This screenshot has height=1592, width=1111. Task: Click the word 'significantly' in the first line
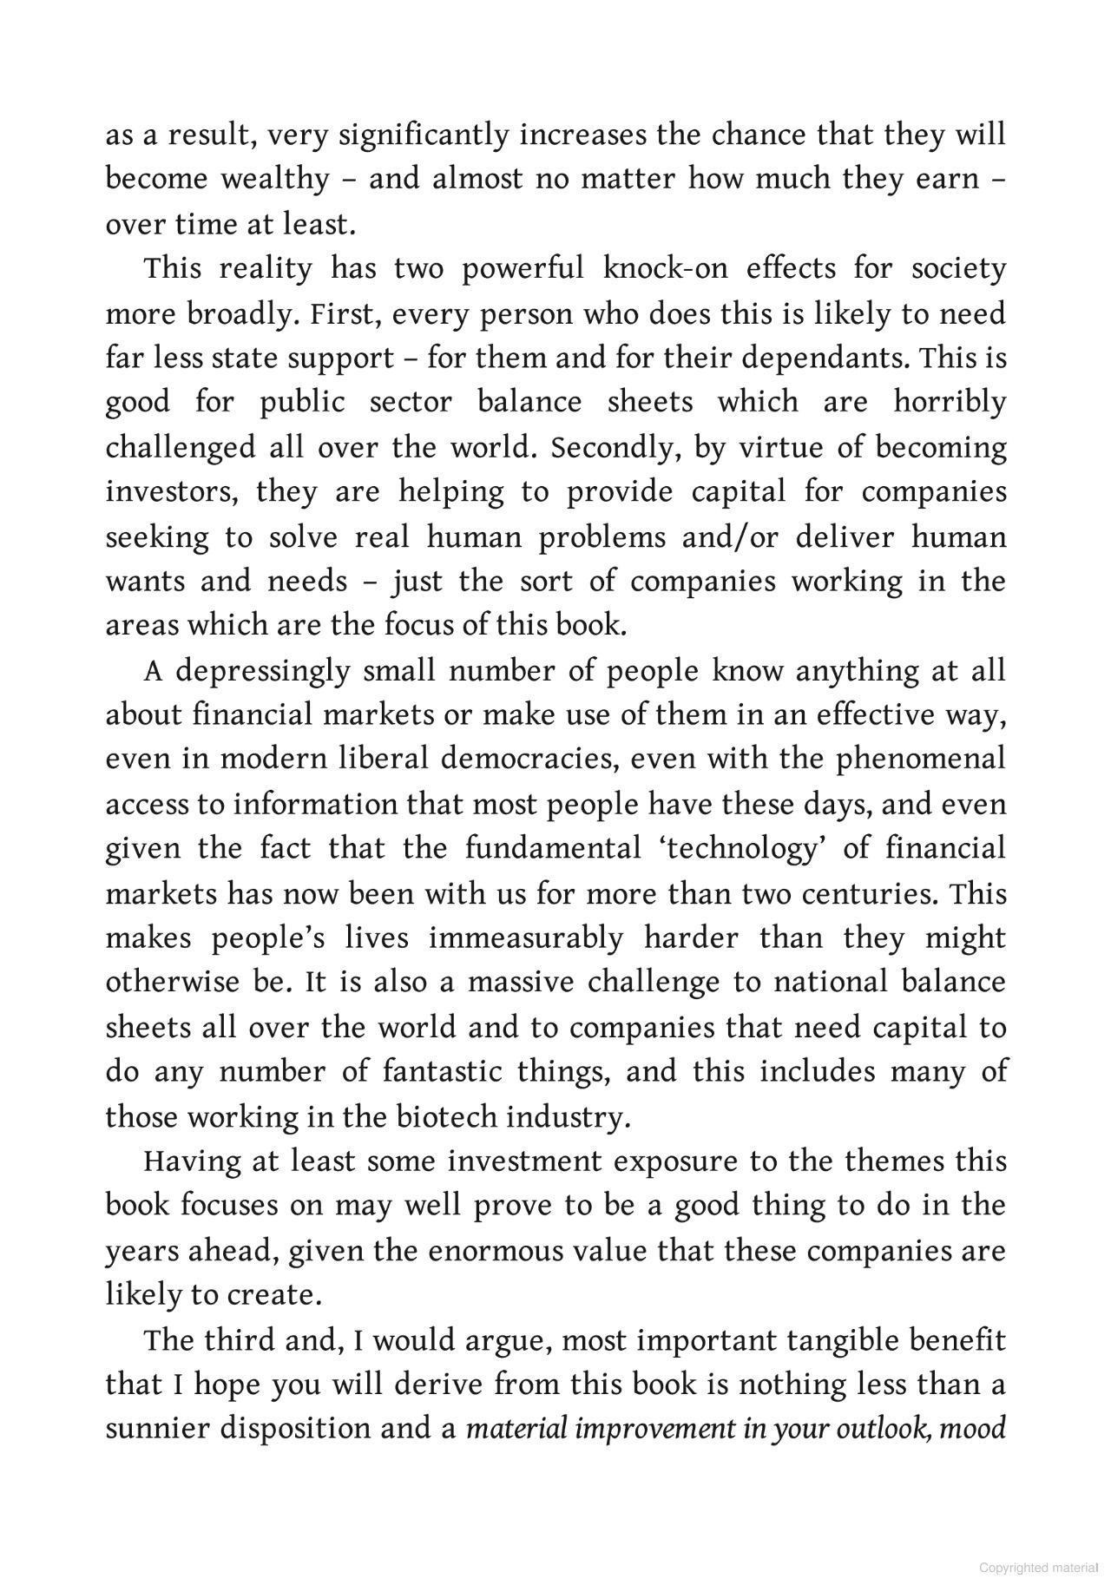point(424,135)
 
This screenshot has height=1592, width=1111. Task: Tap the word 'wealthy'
point(274,180)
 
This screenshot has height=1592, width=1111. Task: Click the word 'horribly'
point(950,402)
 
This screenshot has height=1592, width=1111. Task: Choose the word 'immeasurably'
point(526,938)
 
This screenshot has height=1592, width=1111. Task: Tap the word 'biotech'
point(446,1117)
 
